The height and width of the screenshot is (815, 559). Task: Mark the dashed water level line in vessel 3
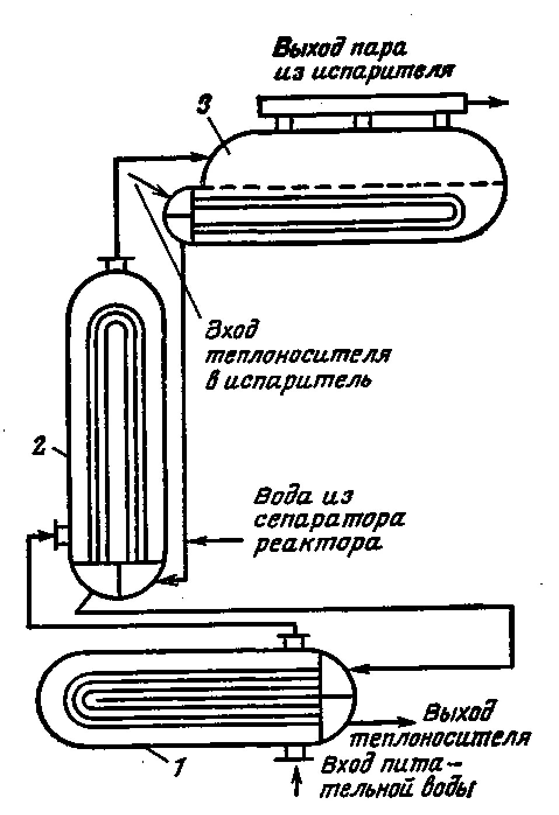tap(350, 186)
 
